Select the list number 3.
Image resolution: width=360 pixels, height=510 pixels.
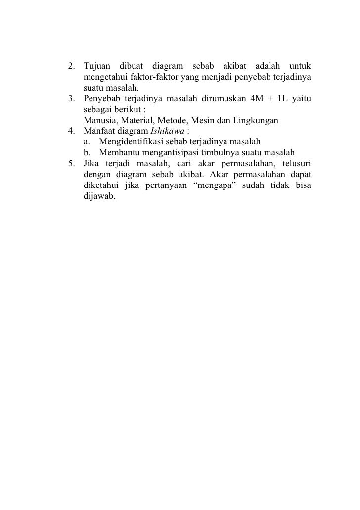click(x=71, y=98)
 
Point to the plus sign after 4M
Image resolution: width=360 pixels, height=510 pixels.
click(x=273, y=98)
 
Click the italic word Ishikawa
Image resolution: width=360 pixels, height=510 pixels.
click(x=165, y=131)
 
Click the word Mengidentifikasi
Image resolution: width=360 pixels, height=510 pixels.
click(x=131, y=142)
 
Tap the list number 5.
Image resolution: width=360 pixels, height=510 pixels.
click(x=71, y=164)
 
